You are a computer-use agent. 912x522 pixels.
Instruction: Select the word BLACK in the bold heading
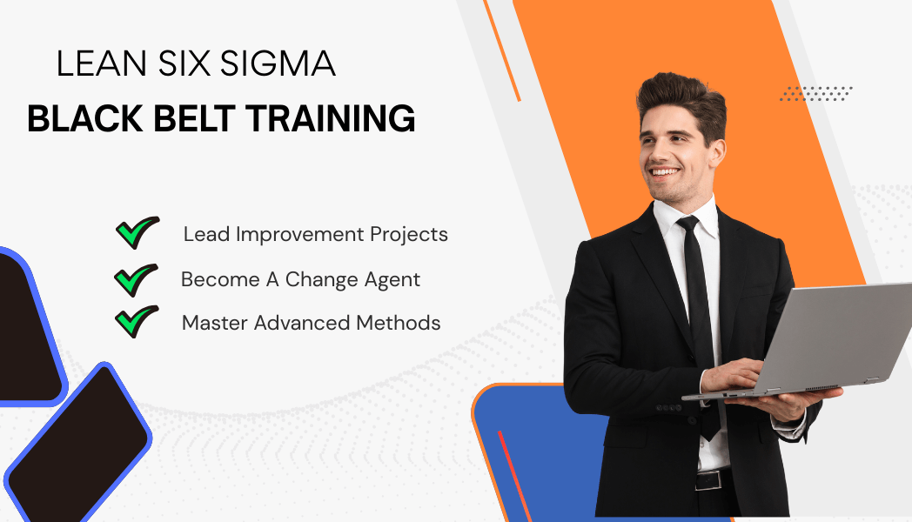[x=79, y=118]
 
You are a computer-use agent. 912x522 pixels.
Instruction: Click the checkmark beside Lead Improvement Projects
[x=137, y=233]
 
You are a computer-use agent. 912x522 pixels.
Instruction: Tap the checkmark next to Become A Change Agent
[x=136, y=279]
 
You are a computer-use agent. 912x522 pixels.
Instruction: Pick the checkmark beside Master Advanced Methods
[x=136, y=321]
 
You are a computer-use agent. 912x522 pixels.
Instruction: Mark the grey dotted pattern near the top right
[x=815, y=93]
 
